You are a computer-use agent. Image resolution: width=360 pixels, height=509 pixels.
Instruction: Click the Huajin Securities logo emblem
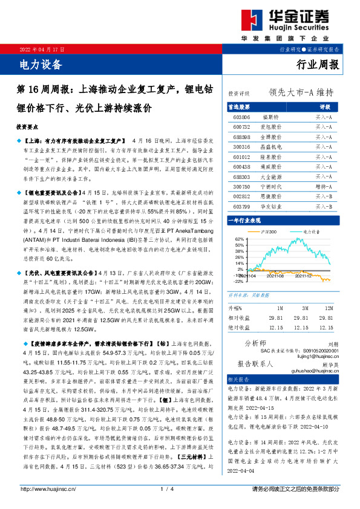point(249,19)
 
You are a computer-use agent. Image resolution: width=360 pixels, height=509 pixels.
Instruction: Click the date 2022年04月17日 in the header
point(42,48)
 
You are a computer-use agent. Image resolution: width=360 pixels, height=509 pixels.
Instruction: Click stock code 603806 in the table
point(241,116)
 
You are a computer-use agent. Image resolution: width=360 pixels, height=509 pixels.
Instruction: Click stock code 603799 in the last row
point(241,224)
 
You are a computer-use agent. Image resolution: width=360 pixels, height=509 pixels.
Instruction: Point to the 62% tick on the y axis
point(239,241)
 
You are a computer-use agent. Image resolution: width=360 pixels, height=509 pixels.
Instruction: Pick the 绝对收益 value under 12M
point(326,327)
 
